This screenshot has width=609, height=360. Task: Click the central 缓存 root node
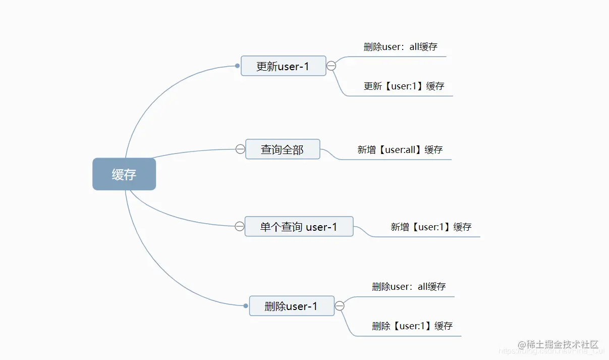click(x=124, y=174)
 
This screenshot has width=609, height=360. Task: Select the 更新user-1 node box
click(x=283, y=66)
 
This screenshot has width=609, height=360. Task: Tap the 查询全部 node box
click(x=283, y=149)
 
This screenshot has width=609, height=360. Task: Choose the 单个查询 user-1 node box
click(x=299, y=226)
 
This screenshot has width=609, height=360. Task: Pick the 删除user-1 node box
click(x=292, y=305)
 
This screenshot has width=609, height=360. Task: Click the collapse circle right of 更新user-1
click(x=331, y=66)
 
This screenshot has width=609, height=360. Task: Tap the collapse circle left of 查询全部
click(x=240, y=149)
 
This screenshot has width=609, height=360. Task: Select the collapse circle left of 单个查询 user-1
click(x=240, y=226)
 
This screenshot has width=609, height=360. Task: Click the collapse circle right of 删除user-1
click(x=340, y=305)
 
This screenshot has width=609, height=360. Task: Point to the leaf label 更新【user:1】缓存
click(x=404, y=86)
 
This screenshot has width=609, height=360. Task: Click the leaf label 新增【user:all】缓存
click(x=400, y=150)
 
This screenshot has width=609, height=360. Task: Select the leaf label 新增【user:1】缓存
click(x=431, y=227)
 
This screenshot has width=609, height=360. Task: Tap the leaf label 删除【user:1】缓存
click(x=412, y=326)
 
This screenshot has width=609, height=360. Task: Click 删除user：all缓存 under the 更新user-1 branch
click(x=400, y=47)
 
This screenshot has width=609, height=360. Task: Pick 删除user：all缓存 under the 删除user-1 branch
click(x=409, y=287)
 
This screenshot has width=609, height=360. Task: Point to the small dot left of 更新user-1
click(x=237, y=66)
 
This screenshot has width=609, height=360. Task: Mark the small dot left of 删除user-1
click(x=246, y=305)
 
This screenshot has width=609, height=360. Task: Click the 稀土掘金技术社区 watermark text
click(x=561, y=345)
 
